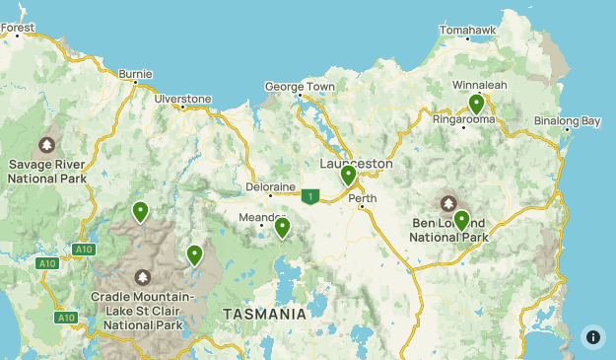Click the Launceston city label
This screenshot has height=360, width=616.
pos(356,164)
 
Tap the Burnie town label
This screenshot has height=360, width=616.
pos(135,73)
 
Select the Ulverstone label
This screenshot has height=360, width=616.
pos(182,99)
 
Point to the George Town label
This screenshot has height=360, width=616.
pos(300,87)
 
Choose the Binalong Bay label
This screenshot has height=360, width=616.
pos(567,121)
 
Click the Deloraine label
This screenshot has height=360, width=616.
pos(270,184)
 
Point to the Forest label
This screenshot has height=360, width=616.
pos(17,28)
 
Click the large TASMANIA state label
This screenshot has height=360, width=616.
pos(264,314)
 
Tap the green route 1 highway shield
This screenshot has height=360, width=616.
pos(311,196)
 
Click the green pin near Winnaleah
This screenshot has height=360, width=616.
pos(476,103)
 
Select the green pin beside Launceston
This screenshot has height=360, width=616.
pos(348,175)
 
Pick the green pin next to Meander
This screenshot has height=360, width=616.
pos(283,227)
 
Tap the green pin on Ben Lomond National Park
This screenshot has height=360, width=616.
pos(461,220)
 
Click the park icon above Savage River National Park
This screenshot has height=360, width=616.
pos(46,142)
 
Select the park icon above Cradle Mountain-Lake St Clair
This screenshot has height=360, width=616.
pos(143,277)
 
